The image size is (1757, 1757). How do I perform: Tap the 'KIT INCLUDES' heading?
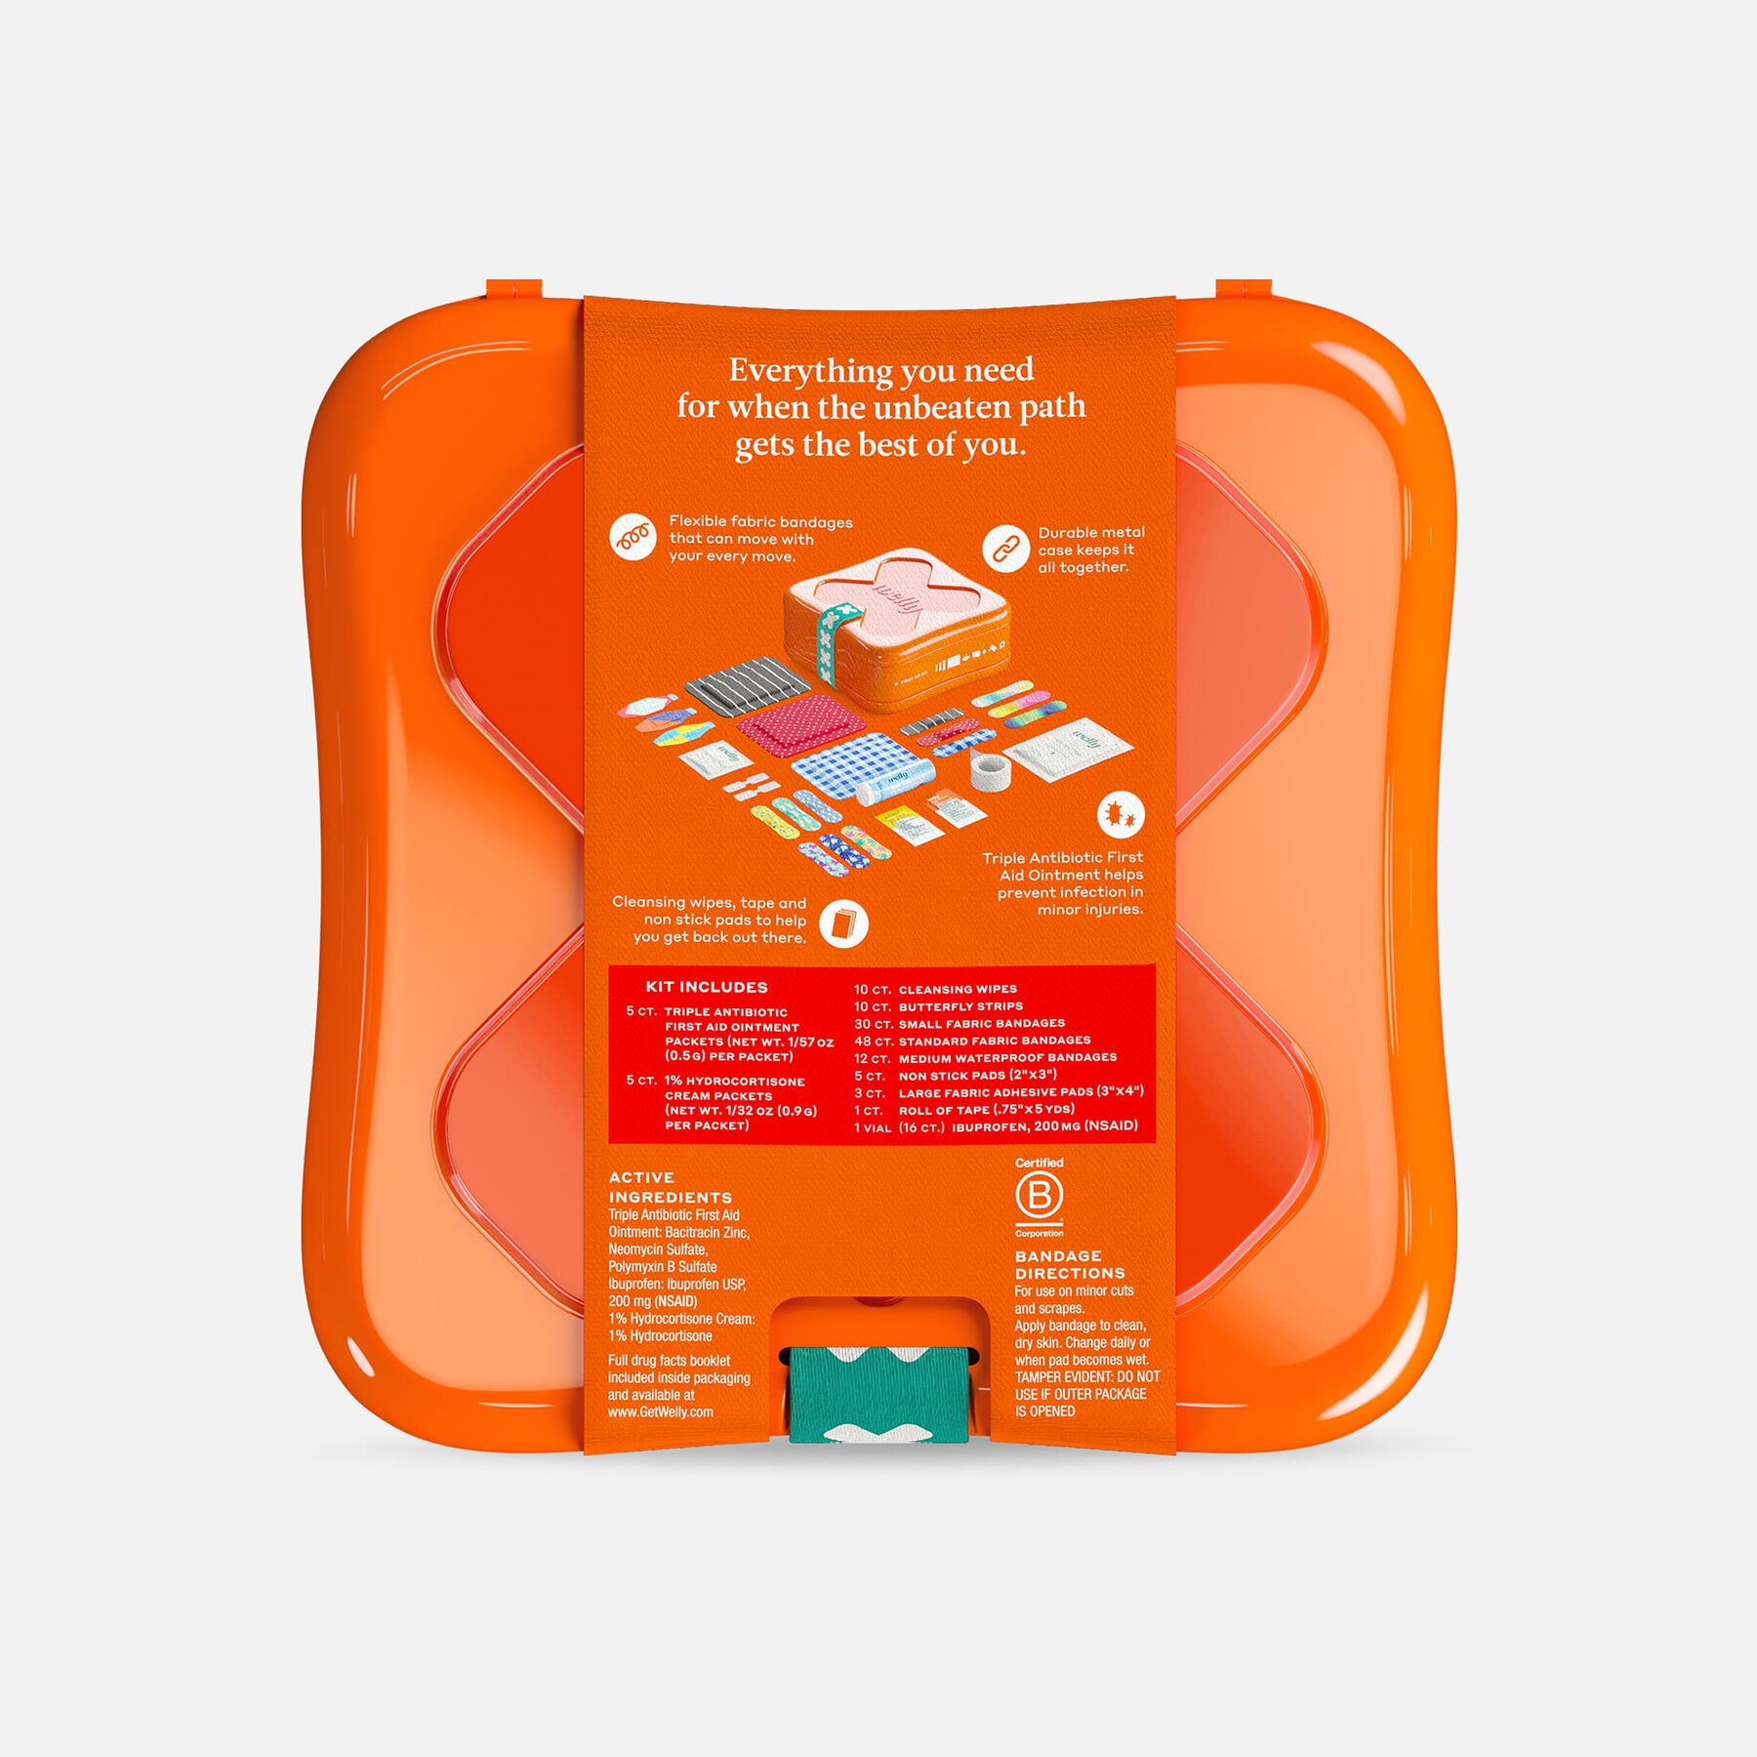[707, 988]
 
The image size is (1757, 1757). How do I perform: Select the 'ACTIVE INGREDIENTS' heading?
[670, 1187]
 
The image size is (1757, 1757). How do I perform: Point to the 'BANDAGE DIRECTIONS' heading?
[1070, 1265]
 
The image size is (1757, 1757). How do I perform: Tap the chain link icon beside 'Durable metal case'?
[1004, 550]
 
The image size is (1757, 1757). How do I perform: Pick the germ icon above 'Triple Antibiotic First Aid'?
[1121, 813]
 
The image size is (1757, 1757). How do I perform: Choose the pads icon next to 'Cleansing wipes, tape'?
[843, 923]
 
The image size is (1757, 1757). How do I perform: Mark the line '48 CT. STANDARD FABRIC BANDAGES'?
[972, 1041]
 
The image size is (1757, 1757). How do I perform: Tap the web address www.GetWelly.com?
[661, 1411]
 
